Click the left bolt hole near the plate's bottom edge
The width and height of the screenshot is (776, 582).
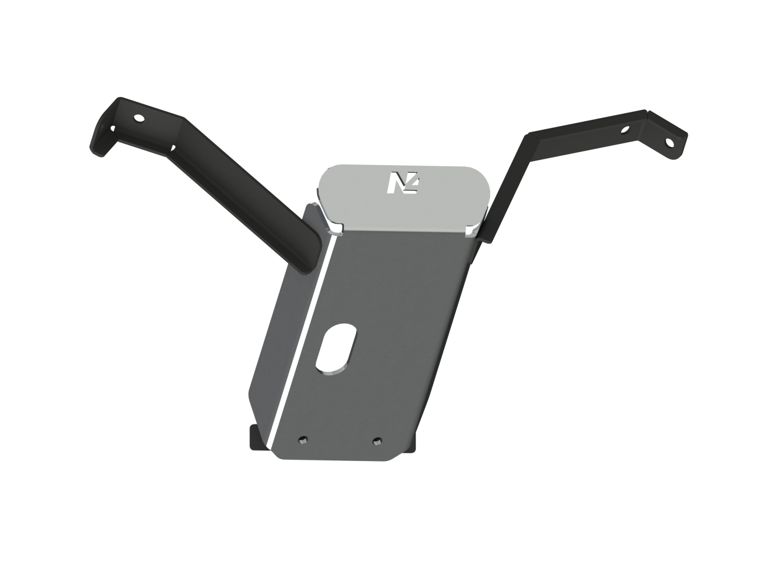302,439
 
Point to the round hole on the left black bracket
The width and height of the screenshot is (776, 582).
139,118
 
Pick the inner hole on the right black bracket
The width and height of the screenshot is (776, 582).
625,131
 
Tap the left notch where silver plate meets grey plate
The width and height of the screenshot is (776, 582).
336,231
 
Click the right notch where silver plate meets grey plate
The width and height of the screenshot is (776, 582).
470,231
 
